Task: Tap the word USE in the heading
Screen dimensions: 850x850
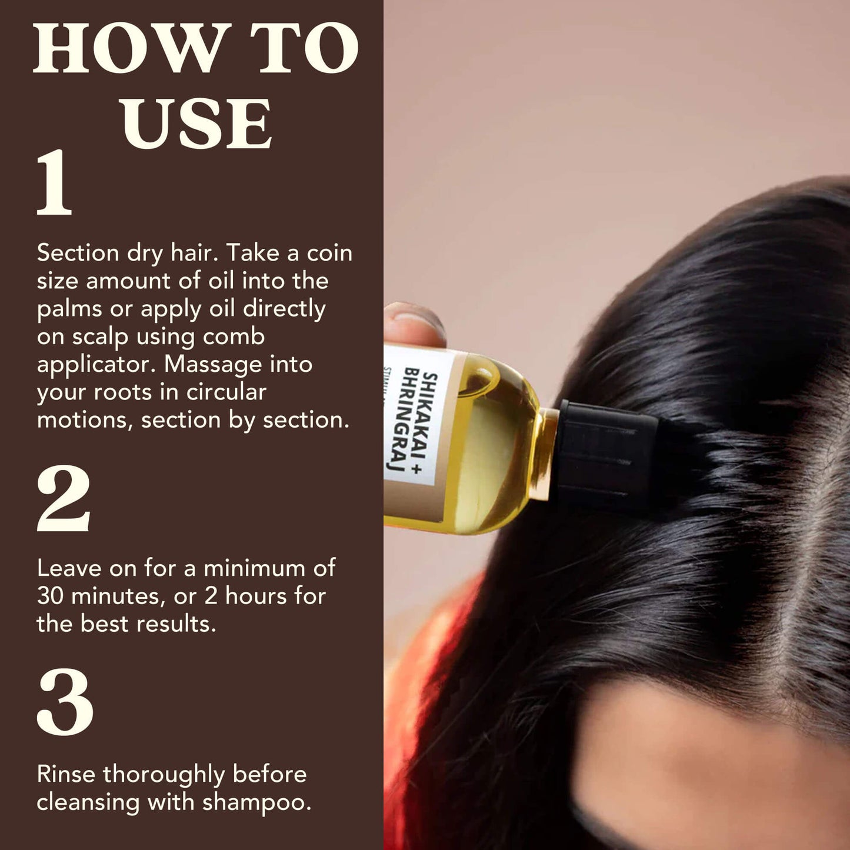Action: tap(197, 124)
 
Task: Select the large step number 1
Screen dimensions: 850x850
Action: tap(54, 183)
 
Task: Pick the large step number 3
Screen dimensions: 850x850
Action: tap(65, 702)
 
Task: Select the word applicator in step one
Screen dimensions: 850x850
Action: tap(96, 365)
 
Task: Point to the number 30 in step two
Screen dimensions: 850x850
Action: tap(50, 596)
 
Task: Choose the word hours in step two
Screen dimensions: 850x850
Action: tap(256, 596)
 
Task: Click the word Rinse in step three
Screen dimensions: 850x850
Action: tap(66, 774)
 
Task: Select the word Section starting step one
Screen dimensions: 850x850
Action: tap(78, 253)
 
